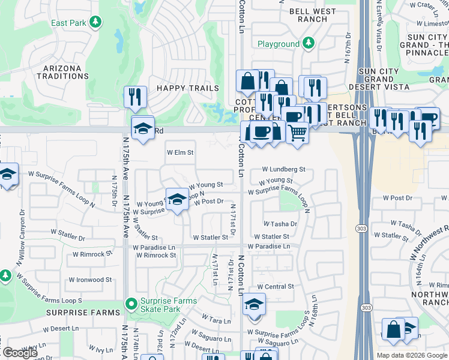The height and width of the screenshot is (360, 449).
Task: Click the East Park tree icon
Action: pos(95,22)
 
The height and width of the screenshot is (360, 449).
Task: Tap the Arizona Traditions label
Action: pos(62,72)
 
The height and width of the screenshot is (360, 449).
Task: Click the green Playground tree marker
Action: pos(309,43)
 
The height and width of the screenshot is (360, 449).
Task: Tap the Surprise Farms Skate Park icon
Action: pos(130,305)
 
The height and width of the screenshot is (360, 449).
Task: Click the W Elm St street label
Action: pos(180,152)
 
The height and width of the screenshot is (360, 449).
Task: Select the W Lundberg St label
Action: pos(283,170)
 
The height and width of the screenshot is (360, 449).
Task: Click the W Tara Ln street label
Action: pos(216,319)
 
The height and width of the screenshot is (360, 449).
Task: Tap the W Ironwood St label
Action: pos(90,280)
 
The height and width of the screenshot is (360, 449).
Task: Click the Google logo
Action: pos(20,353)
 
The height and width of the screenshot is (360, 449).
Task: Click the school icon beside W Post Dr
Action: pos(176,200)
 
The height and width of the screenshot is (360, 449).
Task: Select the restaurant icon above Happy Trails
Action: pos(135,96)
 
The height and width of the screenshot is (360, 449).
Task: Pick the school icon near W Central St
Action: pos(255,304)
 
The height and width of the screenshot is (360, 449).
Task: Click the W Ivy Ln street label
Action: pos(100,349)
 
